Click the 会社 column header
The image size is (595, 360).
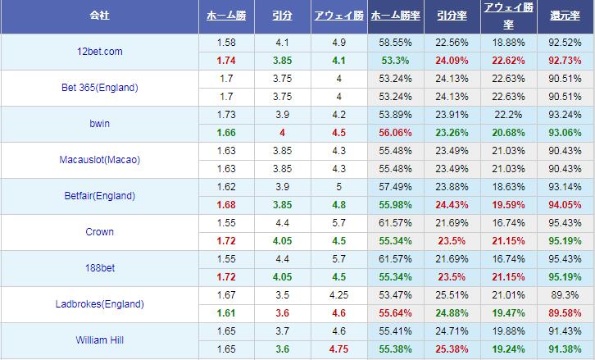coord(99,16)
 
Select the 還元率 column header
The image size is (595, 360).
coord(565,16)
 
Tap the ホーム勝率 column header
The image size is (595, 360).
coord(396,16)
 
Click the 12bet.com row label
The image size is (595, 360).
coord(99,51)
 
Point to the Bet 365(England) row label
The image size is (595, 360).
coord(99,87)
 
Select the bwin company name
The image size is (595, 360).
coord(99,123)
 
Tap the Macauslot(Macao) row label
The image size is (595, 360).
coord(99,159)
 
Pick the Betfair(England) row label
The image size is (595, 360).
coord(99,195)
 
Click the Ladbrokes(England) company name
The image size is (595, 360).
coord(99,303)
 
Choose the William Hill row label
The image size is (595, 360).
coord(99,339)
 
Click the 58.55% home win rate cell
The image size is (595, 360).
coord(396,42)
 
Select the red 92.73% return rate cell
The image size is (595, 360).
coord(565,60)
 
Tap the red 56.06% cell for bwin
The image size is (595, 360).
coord(396,132)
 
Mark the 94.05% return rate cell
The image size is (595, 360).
coord(565,204)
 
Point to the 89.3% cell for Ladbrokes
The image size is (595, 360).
coord(565,294)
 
